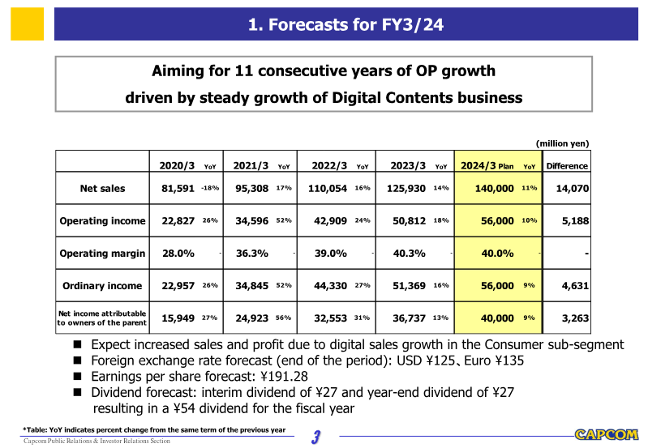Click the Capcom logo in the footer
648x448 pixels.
[x=607, y=434]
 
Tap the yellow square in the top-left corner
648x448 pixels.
[x=27, y=23]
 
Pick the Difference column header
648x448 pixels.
[x=567, y=166]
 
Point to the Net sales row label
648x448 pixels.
[x=102, y=189]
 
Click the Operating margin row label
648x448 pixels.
[x=102, y=253]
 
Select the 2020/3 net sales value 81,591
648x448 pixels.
[x=178, y=189]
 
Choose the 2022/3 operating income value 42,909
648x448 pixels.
[x=331, y=220]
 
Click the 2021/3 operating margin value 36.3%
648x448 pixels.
[x=252, y=253]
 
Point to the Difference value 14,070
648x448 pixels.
[x=571, y=189]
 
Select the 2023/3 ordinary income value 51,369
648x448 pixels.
[x=409, y=285]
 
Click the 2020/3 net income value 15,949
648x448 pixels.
[x=178, y=318]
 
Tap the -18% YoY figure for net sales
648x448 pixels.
[x=210, y=189]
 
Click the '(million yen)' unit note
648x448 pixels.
[x=562, y=143]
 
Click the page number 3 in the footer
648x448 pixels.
[x=318, y=437]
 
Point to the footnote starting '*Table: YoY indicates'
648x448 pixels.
[x=154, y=429]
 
